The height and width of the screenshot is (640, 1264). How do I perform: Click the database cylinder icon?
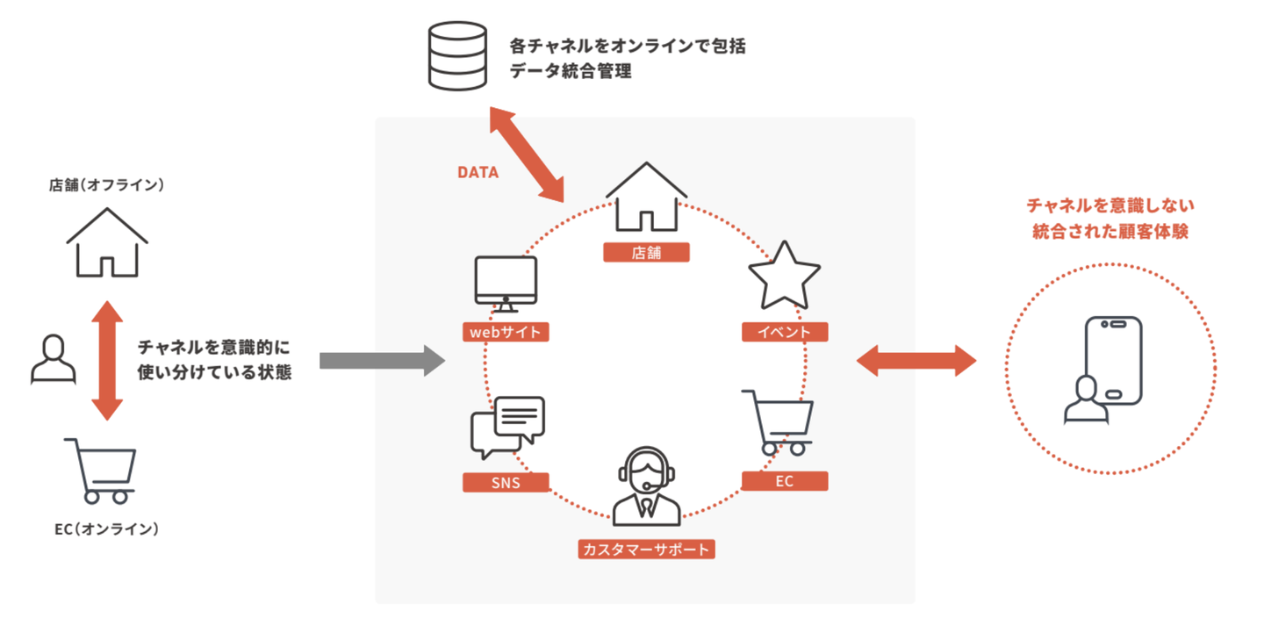click(456, 55)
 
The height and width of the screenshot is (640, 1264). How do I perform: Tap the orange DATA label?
click(478, 173)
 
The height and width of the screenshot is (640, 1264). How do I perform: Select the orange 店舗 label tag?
click(646, 253)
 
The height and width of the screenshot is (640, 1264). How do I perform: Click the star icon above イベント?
click(784, 275)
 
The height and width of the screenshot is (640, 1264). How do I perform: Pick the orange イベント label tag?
click(785, 332)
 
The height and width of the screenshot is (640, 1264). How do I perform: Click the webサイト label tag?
click(506, 332)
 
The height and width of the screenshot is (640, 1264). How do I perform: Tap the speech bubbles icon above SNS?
click(508, 427)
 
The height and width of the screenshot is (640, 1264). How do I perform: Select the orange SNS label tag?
click(506, 482)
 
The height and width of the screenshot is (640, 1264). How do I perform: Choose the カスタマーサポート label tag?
click(647, 550)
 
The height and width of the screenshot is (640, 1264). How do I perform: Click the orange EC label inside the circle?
click(785, 481)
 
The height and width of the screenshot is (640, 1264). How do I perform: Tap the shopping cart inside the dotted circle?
click(779, 422)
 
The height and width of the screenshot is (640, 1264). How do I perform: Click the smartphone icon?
click(1113, 360)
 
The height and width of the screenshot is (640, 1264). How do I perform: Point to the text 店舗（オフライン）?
click(107, 185)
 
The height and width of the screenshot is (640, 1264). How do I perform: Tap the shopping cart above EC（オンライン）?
click(101, 470)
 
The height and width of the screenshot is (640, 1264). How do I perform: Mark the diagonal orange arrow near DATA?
click(528, 154)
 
